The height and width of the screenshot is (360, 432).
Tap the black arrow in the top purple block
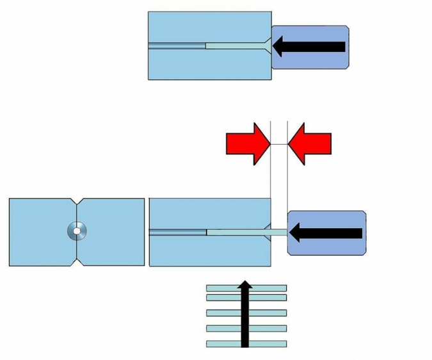310,46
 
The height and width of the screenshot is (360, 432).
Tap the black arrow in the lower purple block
326,233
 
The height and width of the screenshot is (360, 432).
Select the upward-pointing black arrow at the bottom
245,314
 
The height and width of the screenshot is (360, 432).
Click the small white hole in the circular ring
77,231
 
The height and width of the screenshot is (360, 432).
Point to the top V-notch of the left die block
77,202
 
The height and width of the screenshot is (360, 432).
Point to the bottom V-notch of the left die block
77,262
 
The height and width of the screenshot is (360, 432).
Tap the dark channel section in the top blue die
177,45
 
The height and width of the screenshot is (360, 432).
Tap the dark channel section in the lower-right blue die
178,232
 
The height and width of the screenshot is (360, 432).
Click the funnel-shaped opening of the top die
266,46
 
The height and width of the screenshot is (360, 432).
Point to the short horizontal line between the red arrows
279,145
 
